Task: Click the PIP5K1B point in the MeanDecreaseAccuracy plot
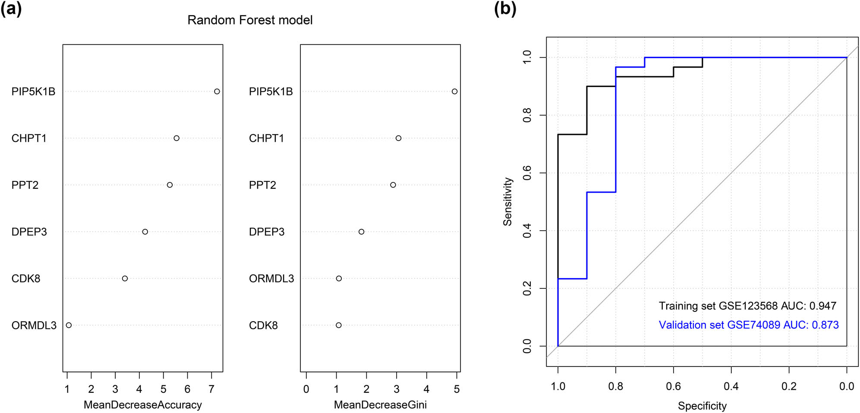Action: pyautogui.click(x=217, y=91)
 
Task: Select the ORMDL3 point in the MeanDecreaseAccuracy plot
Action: pyautogui.click(x=69, y=325)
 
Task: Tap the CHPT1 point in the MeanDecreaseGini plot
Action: pyautogui.click(x=398, y=138)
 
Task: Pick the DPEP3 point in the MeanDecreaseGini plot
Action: pyautogui.click(x=361, y=232)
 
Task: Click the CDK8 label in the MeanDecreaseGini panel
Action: pyautogui.click(x=263, y=325)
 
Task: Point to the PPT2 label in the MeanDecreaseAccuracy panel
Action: pyautogui.click(x=25, y=185)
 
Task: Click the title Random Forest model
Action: pyautogui.click(x=250, y=20)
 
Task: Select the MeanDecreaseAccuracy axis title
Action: pyautogui.click(x=142, y=405)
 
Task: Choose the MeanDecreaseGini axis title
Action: pyautogui.click(x=380, y=405)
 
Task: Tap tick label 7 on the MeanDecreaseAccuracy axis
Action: pyautogui.click(x=211, y=389)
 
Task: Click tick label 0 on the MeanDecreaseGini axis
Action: pyautogui.click(x=306, y=389)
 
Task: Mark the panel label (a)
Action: pyautogui.click(x=11, y=9)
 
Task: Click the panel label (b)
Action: pyautogui.click(x=505, y=9)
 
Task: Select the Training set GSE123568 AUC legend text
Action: pyautogui.click(x=747, y=306)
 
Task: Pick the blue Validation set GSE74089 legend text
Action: pyautogui.click(x=748, y=325)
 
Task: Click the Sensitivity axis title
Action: pyautogui.click(x=508, y=201)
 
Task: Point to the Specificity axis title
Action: pyautogui.click(x=702, y=406)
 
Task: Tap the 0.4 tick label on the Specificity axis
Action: pyautogui.click(x=731, y=386)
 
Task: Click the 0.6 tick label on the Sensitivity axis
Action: pyautogui.click(x=527, y=173)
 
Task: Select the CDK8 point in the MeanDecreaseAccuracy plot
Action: pyautogui.click(x=125, y=278)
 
